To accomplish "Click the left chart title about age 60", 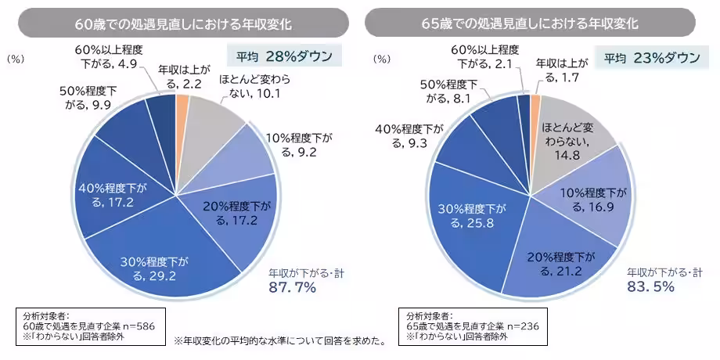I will [182, 23].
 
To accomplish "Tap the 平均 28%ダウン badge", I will [280, 57].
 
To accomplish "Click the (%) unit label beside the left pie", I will [16, 59].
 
